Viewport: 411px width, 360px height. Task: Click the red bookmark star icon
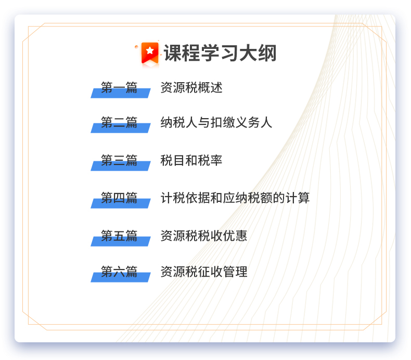(150, 53)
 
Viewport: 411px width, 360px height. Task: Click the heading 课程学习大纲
(220, 53)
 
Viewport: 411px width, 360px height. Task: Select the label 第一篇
(119, 87)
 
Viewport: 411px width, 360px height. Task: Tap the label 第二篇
(119, 122)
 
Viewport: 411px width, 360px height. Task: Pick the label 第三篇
(119, 160)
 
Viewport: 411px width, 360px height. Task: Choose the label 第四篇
(119, 198)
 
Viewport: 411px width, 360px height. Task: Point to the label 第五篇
(119, 236)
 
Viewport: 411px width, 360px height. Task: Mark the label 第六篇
(119, 272)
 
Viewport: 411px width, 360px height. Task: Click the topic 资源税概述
(191, 87)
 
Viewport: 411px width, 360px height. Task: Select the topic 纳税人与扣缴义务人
(216, 122)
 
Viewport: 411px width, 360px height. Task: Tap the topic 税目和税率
(191, 160)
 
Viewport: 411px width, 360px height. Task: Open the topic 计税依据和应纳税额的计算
(235, 198)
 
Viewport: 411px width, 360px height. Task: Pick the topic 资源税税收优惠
(204, 236)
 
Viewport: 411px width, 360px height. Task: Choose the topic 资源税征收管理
(204, 272)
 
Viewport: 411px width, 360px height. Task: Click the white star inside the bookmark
(150, 50)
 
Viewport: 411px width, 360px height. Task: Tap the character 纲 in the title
(267, 53)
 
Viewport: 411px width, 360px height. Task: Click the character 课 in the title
(173, 53)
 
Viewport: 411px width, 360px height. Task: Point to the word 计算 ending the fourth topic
(298, 198)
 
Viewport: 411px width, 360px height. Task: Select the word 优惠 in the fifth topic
(235, 236)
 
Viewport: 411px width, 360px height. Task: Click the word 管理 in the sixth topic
(235, 272)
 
